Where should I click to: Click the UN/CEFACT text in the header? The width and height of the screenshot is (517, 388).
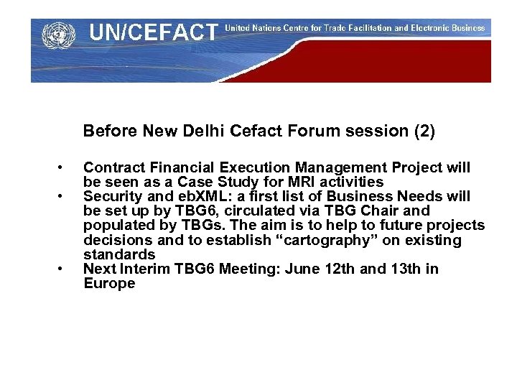pos(153,32)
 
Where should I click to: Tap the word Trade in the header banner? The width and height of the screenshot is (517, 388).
pos(349,29)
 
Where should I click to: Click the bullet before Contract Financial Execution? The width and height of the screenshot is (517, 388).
pos(62,168)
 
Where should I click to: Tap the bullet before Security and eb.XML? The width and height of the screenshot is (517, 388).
pos(62,197)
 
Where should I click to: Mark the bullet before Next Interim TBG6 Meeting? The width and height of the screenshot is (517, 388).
pos(62,269)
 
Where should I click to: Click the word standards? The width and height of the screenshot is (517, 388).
pos(119,254)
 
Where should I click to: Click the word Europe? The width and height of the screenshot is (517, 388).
pos(109,284)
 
